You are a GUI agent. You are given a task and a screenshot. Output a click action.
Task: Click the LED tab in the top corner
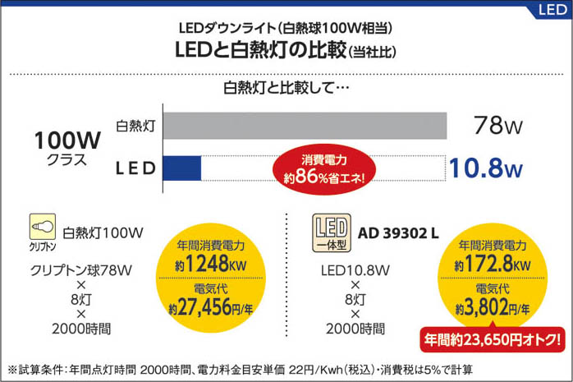[552, 10]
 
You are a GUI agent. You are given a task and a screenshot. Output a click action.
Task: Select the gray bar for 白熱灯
[305, 126]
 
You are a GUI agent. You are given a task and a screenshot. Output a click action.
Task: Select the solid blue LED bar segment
[182, 168]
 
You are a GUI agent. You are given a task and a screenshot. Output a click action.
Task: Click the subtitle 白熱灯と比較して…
[286, 87]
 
